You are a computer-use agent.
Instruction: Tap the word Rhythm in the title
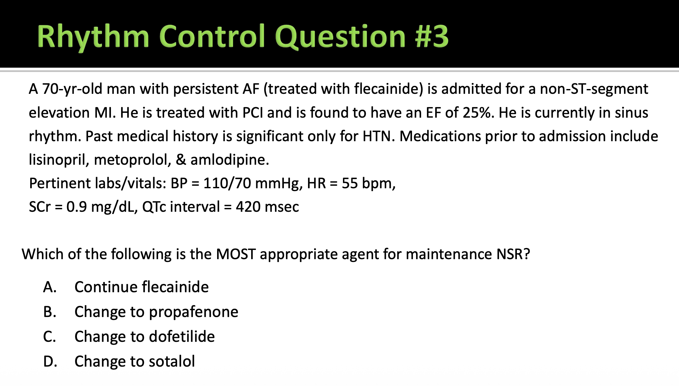[x=93, y=38]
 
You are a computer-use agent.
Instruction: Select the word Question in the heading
[x=340, y=38]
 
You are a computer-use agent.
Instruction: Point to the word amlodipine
[x=230, y=160]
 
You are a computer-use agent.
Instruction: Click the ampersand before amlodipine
[x=181, y=160]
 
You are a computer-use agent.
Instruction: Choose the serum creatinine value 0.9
[x=77, y=207]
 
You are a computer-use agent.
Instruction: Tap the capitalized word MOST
[x=236, y=254]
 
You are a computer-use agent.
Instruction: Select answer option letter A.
[x=50, y=287]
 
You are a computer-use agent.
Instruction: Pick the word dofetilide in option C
[x=182, y=336]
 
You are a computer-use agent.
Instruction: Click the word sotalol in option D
[x=172, y=361]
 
